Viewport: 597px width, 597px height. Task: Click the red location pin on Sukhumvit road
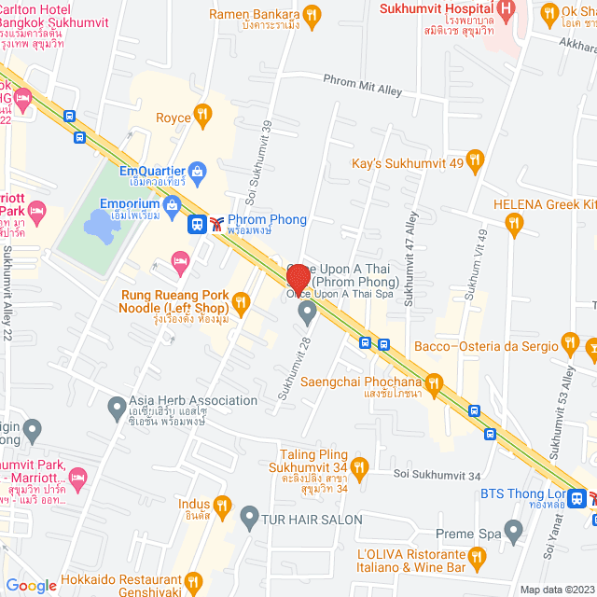point(298,279)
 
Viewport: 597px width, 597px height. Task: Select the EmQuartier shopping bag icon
point(197,171)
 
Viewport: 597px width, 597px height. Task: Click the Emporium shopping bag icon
point(171,204)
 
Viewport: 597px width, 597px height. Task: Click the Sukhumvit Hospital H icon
point(507,10)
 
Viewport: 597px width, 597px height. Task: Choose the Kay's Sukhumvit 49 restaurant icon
point(475,160)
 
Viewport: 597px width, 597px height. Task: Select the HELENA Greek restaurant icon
point(512,222)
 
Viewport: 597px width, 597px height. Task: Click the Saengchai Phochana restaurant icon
point(434,382)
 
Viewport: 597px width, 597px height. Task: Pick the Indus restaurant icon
point(221,505)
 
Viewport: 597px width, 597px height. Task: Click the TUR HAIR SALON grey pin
point(249,516)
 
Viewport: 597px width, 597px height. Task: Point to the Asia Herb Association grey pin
point(117,407)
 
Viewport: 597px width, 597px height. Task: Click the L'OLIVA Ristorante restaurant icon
point(478,559)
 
